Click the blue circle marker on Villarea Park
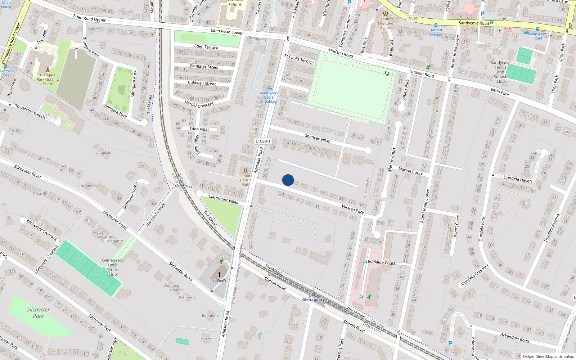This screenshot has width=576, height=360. click(x=288, y=180)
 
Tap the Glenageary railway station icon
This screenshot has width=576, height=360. click(x=313, y=293)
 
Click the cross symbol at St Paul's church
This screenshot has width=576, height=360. click(x=219, y=275)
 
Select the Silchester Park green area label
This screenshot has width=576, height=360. click(x=38, y=312)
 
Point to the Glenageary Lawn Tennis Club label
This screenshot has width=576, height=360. click(x=113, y=267)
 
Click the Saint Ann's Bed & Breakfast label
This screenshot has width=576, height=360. click(x=269, y=97)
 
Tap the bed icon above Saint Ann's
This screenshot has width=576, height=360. click(x=269, y=88)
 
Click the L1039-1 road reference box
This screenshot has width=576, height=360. click(x=263, y=141)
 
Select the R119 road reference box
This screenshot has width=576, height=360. click(x=413, y=19)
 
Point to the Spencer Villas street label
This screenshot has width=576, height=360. click(x=317, y=138)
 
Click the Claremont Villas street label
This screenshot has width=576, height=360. click(x=223, y=199)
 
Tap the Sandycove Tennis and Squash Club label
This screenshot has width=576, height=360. click(x=500, y=72)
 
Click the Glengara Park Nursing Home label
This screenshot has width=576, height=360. click(x=48, y=79)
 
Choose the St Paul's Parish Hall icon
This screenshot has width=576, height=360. click(x=245, y=171)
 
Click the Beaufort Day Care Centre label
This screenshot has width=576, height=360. click(x=386, y=23)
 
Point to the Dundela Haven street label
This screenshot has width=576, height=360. click(x=517, y=179)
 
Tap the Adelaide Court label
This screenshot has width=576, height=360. click(x=382, y=262)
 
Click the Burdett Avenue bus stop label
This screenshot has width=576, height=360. click(x=436, y=32)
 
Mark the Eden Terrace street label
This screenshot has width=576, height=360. click(x=206, y=47)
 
